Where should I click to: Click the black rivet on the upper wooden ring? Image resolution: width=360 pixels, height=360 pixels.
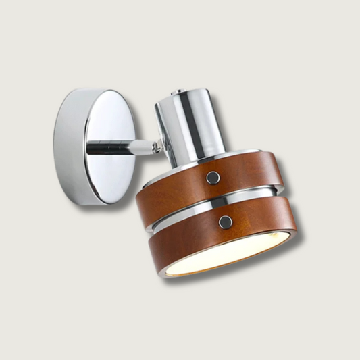213,177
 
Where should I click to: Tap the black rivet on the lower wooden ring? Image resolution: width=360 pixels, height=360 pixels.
226,222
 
